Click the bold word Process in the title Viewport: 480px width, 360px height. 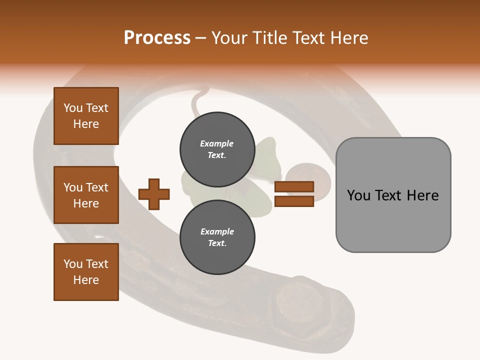coord(157,38)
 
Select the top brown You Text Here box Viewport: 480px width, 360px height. coord(86,116)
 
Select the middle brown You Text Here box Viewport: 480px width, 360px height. coord(86,195)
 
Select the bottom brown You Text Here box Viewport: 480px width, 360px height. coord(86,271)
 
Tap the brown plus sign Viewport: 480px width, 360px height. coord(153,194)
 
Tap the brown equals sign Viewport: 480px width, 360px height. coord(294,194)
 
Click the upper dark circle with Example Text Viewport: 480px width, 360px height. coord(217,149)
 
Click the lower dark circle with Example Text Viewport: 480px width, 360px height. coord(217,237)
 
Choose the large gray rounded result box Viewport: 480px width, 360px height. coord(393,194)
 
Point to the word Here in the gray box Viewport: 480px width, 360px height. coord(422,195)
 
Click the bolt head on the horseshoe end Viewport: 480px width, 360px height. coord(295,302)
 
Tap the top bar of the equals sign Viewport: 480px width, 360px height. coord(294,187)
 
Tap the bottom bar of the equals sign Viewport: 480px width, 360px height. coord(294,201)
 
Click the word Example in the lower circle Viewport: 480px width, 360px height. coord(217,231)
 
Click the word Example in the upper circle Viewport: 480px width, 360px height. coord(217,143)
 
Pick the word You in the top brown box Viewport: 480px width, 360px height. coord(72,108)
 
